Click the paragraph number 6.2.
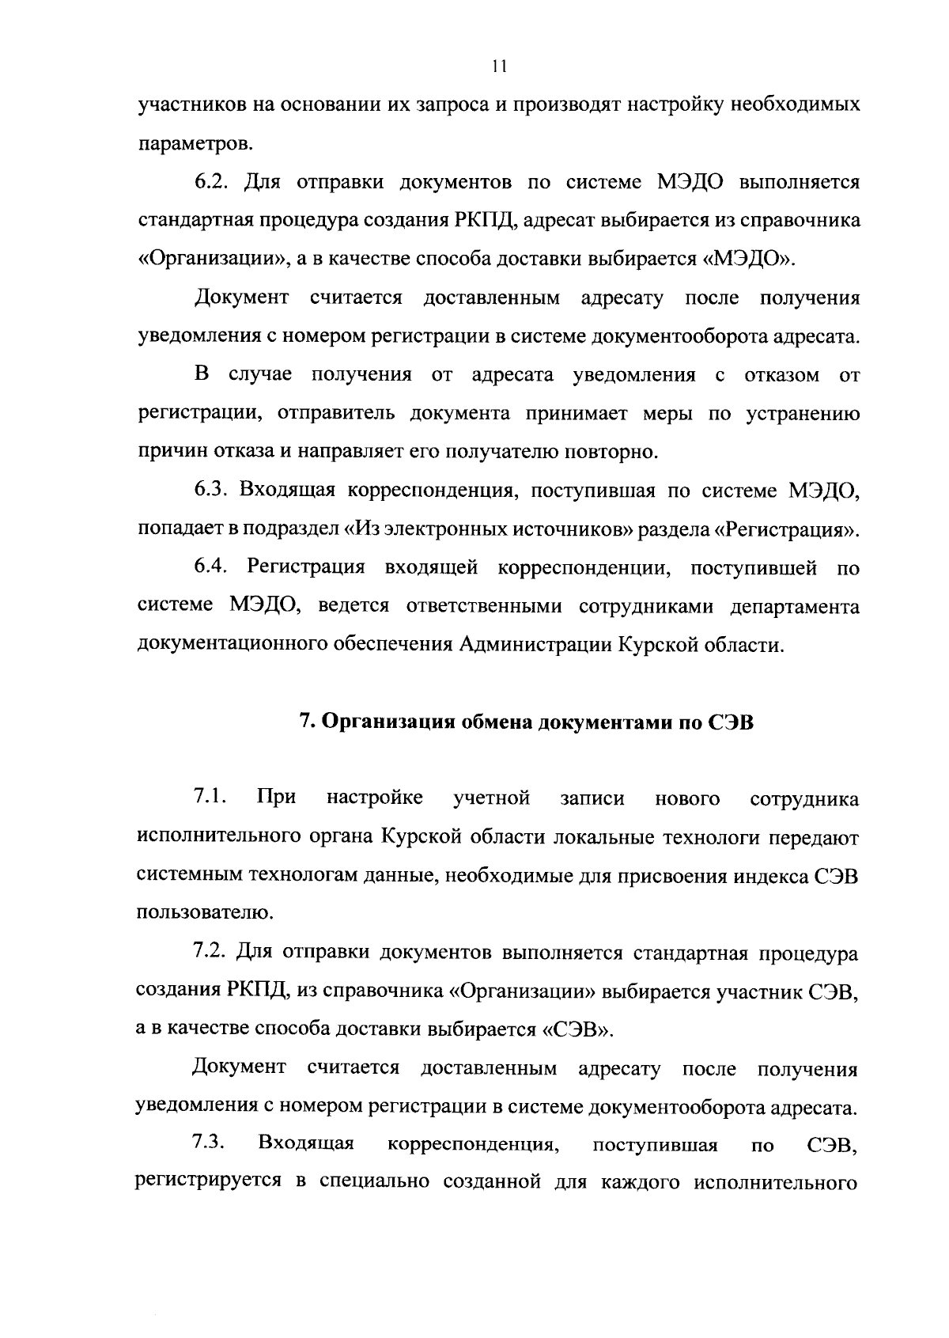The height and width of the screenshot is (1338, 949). (211, 184)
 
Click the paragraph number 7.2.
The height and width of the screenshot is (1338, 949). (210, 953)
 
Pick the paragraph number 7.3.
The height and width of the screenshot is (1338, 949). (210, 1144)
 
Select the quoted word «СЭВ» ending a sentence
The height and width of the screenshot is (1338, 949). (577, 1030)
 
